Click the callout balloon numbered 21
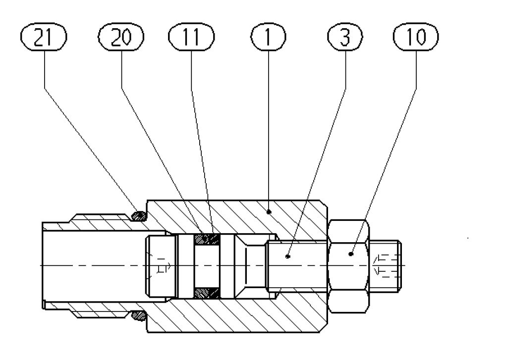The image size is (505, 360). click(44, 38)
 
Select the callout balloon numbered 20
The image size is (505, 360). click(121, 38)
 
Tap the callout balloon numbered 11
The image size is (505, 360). click(191, 38)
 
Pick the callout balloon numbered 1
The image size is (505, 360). click(268, 38)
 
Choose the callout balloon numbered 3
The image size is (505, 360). click(344, 38)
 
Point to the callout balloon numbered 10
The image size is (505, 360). click(415, 38)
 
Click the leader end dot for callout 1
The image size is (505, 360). click(269, 211)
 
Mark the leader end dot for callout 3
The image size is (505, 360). click(288, 257)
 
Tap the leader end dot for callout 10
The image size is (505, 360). click(350, 255)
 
